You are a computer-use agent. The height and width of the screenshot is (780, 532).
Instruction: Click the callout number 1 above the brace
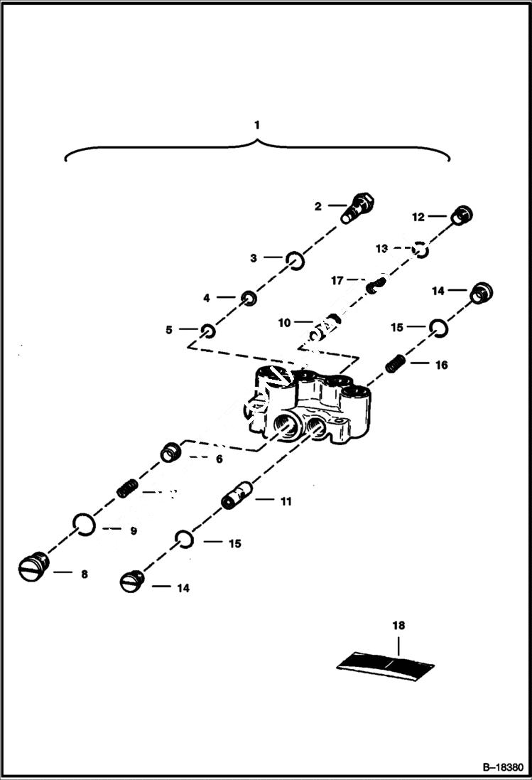[257, 124]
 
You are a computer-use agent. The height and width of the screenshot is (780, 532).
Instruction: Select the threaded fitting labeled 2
[357, 207]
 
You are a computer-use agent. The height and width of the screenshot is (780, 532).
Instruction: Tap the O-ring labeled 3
[295, 261]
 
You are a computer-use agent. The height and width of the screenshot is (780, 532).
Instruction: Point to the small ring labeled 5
[207, 330]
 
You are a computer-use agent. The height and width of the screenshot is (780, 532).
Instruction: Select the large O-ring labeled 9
[84, 526]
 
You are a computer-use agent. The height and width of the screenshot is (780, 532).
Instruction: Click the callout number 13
[382, 248]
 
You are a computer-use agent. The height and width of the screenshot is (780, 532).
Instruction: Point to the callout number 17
[337, 281]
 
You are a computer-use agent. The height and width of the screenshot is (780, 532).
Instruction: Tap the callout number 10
[284, 323]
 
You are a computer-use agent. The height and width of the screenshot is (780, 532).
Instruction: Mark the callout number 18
[398, 626]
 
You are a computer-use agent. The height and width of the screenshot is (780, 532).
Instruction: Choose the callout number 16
[441, 365]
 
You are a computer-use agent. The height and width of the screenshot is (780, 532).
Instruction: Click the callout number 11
[285, 501]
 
